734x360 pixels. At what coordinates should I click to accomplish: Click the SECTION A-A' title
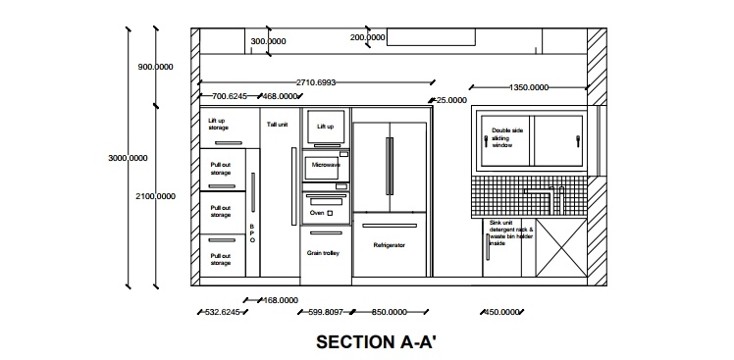coord(376,341)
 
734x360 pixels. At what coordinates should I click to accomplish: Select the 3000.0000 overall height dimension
coord(128,158)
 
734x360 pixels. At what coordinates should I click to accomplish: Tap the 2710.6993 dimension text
coord(316,82)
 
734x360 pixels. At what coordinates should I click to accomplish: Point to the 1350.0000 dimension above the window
coord(529,87)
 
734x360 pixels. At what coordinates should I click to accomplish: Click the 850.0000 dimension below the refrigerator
coord(390,312)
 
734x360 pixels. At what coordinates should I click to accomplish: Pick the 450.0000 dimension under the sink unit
coord(501,312)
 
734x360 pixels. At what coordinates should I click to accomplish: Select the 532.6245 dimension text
coord(223,312)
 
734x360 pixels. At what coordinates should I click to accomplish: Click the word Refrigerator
coord(389,245)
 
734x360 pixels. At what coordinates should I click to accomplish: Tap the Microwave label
coord(326,165)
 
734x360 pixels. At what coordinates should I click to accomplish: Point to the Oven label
coord(317,213)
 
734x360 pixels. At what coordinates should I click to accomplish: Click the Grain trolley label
coord(323,253)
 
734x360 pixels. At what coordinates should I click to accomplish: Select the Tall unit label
coord(277,125)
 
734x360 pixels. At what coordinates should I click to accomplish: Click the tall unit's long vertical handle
coord(294,186)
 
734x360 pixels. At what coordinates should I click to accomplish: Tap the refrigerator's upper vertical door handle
coord(390,166)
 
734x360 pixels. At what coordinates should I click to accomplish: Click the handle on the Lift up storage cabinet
coord(229,143)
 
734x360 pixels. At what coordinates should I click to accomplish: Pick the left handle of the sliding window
coord(486,141)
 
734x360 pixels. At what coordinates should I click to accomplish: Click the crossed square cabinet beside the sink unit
coord(561,247)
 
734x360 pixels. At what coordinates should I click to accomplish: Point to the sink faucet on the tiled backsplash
coord(546,199)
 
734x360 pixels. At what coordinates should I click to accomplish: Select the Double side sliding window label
coord(507,137)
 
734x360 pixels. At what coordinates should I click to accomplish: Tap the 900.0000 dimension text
coord(155,67)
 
